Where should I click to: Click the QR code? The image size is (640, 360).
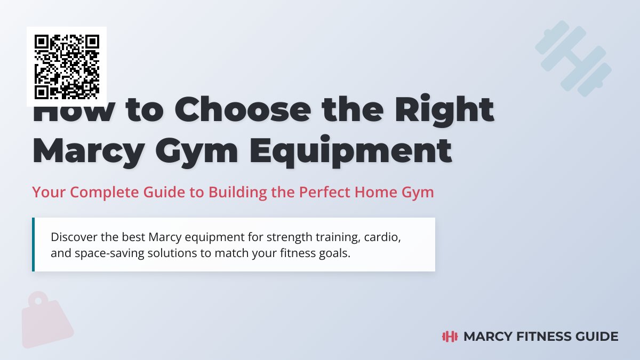coord(67,67)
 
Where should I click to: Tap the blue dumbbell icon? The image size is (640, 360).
coord(573,59)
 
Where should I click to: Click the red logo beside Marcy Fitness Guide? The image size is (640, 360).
coord(451,337)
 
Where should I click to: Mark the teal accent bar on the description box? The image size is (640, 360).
coord(33,244)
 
